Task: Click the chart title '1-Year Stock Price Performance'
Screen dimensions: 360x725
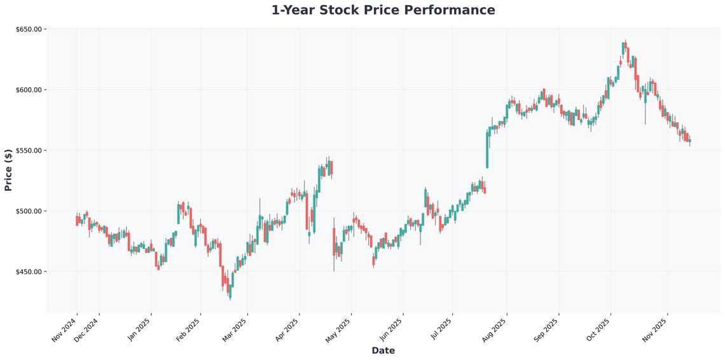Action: click(383, 10)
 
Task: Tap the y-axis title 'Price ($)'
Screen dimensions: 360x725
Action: click(8, 170)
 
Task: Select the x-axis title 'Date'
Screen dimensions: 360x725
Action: click(383, 350)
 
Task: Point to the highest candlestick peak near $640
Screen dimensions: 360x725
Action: click(625, 47)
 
